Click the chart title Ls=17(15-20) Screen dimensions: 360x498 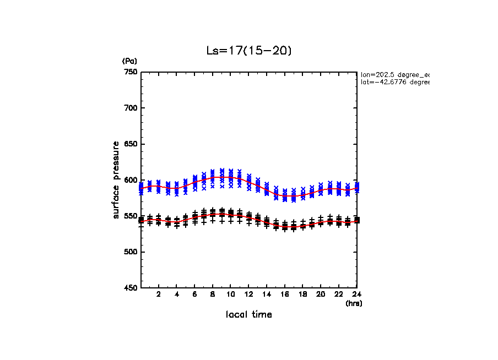point(248,51)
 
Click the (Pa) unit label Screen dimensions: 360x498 point(129,61)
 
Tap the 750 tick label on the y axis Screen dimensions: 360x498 point(131,72)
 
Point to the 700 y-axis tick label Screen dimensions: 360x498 point(131,108)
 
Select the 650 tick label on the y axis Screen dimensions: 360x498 point(131,144)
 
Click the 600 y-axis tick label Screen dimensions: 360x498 point(131,180)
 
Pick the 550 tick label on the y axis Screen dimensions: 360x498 point(131,216)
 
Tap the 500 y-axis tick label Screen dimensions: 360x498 point(131,252)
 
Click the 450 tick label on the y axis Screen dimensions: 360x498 point(131,288)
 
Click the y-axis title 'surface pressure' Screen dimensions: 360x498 point(116,179)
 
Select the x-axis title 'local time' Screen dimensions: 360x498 point(248,315)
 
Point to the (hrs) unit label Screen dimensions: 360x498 point(354,303)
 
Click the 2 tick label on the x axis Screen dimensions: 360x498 point(159,294)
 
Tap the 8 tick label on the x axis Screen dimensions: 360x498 point(213,294)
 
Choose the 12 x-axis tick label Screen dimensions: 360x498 point(248,294)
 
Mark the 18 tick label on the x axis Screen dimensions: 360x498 point(302,294)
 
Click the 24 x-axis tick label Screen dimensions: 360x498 point(356,294)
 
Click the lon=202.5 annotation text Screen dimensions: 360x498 point(394,74)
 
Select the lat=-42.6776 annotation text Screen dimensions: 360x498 point(394,82)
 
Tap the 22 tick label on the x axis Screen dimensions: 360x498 point(338,294)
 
